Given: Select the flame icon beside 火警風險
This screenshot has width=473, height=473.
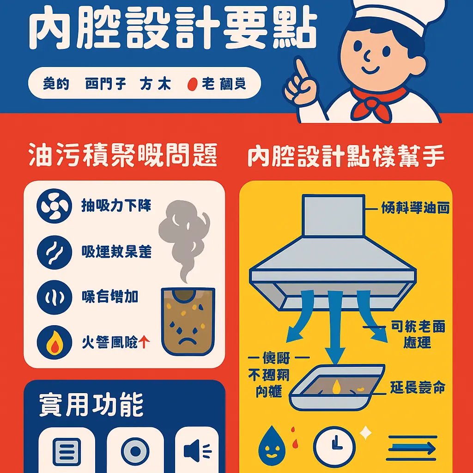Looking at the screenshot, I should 54,343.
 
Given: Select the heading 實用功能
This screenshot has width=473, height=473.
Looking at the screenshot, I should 91,405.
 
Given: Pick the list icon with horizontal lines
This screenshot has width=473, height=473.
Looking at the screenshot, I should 67,449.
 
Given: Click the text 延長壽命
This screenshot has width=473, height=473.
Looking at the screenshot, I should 418,388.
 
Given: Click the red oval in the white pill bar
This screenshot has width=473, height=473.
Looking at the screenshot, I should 193,85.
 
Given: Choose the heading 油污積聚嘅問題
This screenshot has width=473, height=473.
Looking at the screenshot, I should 122,157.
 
